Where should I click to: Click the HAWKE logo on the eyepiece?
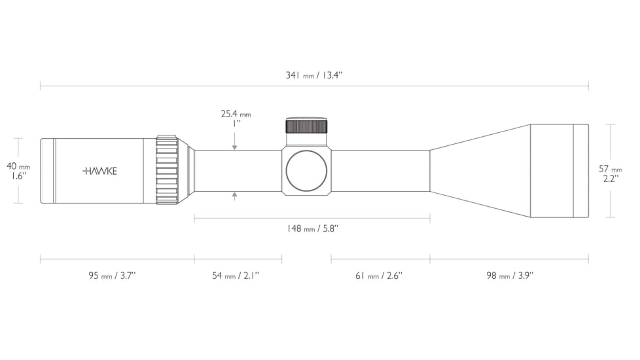[99, 171]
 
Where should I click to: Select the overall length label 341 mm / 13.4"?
[314, 75]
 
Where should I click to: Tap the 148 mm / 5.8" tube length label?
[313, 228]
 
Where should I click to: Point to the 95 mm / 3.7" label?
[112, 276]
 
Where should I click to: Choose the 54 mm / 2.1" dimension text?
[236, 276]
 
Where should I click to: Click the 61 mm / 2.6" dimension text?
[379, 276]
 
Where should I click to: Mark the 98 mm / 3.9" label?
[510, 276]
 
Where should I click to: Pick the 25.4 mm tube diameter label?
[236, 115]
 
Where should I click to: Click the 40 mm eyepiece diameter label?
[18, 166]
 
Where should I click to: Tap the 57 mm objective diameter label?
[611, 169]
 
